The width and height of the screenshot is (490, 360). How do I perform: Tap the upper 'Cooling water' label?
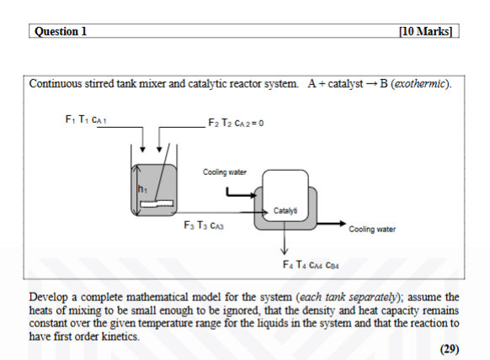click(224, 172)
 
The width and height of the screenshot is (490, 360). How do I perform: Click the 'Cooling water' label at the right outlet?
click(373, 229)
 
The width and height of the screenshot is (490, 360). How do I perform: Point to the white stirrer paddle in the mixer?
click(157, 204)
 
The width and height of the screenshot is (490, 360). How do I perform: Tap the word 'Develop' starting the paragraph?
click(50, 298)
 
